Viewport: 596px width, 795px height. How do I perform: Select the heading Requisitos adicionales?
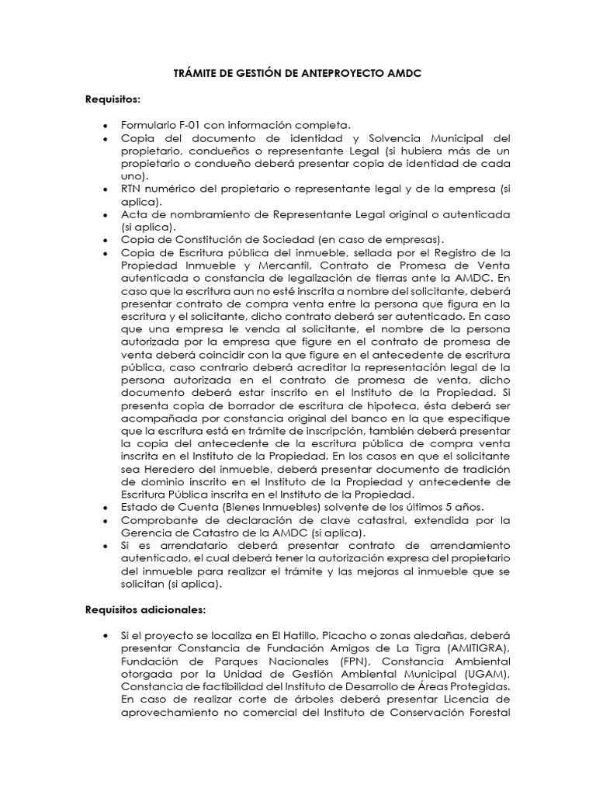click(145, 610)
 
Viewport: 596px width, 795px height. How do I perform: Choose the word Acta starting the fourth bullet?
click(133, 214)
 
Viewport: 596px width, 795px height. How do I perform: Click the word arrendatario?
click(174, 545)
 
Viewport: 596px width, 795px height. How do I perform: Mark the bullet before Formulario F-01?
click(105, 126)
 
